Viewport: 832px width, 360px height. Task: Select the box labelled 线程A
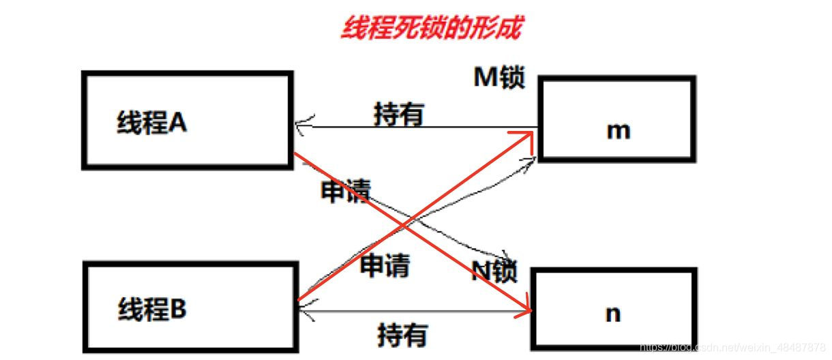188,120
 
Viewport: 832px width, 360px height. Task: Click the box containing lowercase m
617,119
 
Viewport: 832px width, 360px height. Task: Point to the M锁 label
499,78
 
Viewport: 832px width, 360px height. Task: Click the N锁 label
494,273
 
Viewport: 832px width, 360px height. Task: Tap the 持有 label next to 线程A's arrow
399,114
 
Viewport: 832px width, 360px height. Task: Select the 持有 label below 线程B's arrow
402,335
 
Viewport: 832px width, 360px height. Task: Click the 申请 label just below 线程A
345,192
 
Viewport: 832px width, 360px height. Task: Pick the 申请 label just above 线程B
385,265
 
